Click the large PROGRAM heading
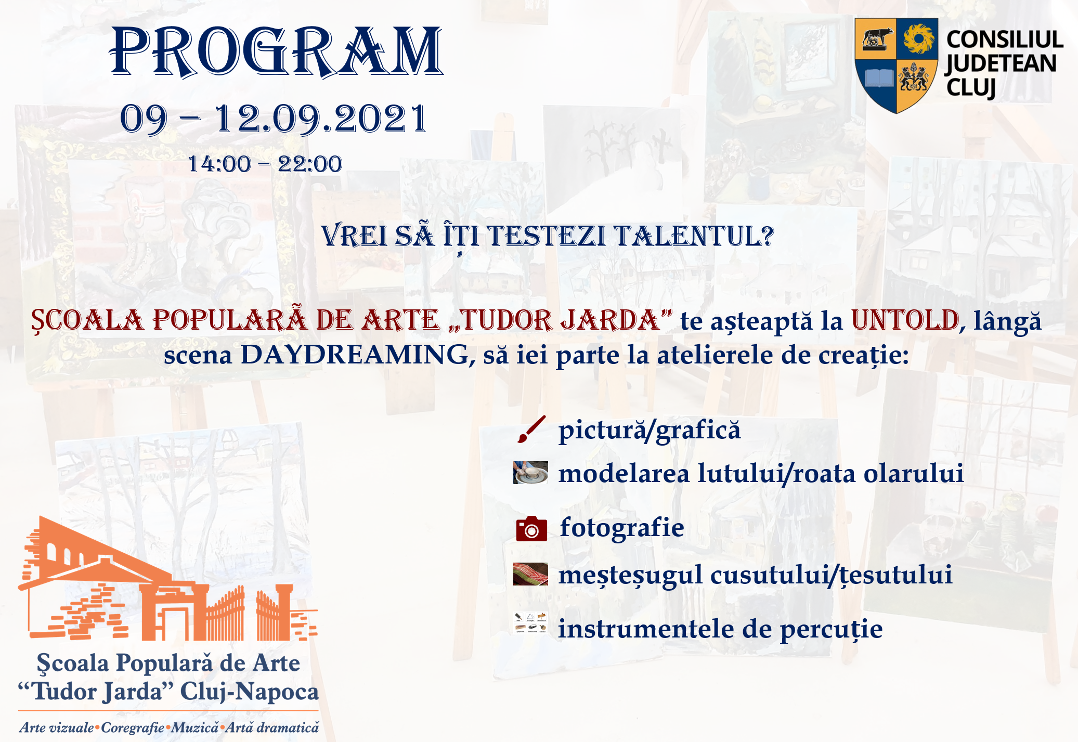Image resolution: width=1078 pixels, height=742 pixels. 276,52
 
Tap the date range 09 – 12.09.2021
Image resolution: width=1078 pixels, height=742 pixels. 274,119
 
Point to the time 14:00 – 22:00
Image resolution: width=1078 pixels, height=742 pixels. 265,164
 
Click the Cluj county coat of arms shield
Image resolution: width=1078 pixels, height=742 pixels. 897,66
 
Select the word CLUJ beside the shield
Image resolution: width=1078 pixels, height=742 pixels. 971,88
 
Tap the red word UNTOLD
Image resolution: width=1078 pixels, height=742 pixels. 905,320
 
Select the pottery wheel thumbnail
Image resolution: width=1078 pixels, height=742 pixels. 530,473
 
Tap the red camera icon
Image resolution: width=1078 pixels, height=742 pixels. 531,529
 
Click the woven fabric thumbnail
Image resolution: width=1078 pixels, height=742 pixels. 530,574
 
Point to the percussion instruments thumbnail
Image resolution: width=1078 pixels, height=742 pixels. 530,623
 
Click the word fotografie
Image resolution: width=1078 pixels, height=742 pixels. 622,528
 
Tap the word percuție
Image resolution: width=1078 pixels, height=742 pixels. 832,630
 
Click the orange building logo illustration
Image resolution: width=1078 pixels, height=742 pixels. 167,578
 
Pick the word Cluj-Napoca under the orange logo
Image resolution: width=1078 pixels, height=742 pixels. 249,692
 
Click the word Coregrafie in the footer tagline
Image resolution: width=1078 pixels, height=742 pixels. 133,728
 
